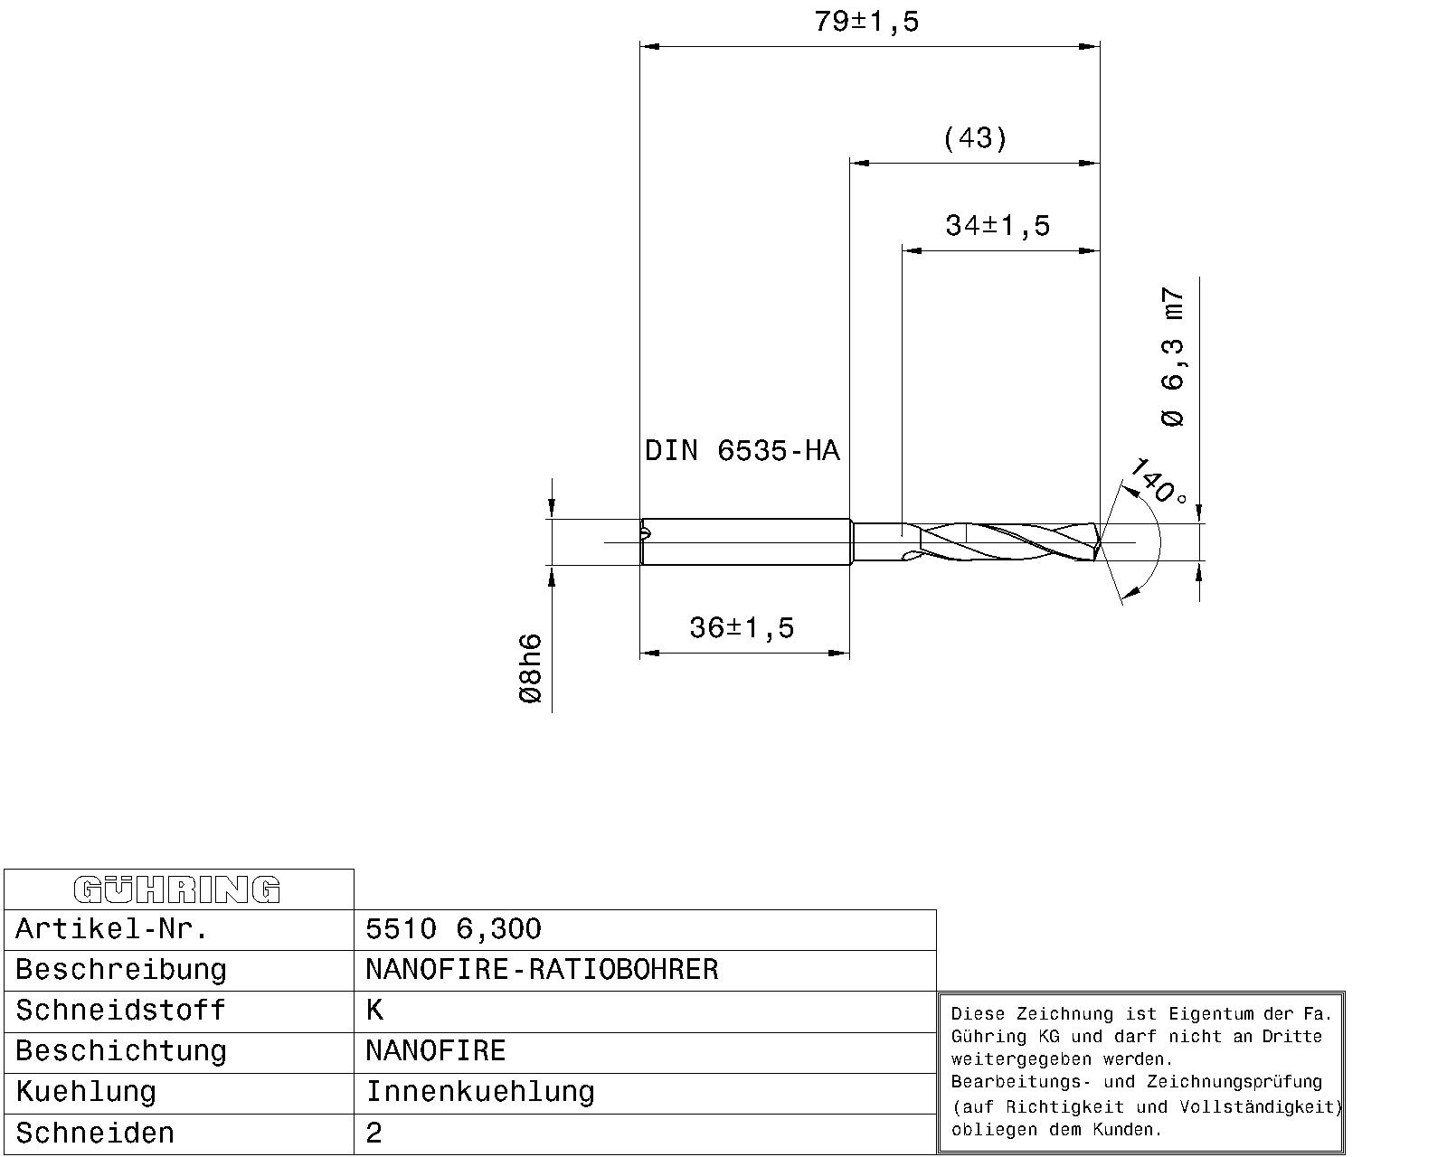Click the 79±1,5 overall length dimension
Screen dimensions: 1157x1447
coord(866,22)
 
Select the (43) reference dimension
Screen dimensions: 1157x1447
coord(974,138)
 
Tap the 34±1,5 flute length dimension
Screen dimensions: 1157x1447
coord(997,225)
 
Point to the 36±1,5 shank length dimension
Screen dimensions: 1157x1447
coord(742,627)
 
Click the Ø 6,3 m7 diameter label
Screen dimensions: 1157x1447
coord(1172,357)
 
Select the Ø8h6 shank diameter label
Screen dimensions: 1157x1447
coord(530,669)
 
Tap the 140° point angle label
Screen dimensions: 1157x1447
coord(1157,482)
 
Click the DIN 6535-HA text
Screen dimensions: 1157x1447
coord(742,450)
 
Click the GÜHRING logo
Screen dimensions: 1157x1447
coord(177,889)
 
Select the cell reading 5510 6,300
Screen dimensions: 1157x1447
coord(453,929)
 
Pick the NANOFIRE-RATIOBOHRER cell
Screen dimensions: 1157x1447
coord(542,970)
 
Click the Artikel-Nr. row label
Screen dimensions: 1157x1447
coord(112,929)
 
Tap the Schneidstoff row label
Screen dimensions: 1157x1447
coord(120,1011)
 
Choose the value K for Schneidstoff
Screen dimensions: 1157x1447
coord(374,1011)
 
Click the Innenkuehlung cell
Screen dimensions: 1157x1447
coord(479,1092)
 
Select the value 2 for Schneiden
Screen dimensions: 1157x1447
coord(374,1133)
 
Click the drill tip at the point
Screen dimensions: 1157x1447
coord(1100,542)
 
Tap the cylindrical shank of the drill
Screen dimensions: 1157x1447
coord(746,541)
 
